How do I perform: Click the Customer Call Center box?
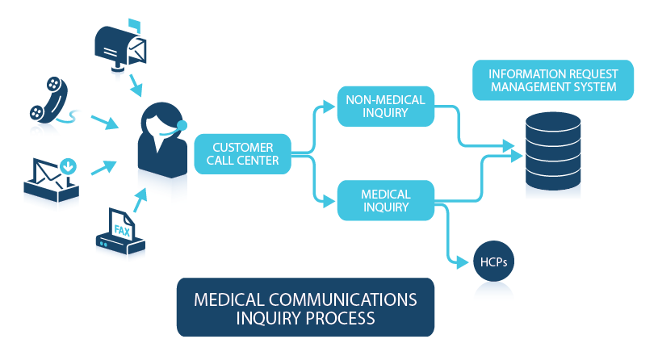tap(242, 154)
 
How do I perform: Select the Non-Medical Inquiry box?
tap(386, 107)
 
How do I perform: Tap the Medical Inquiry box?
tap(386, 200)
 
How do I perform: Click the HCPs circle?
tap(493, 262)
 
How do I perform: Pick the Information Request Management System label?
tap(553, 80)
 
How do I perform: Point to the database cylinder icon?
tap(553, 151)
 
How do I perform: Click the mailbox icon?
tap(121, 45)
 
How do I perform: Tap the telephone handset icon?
tap(49, 100)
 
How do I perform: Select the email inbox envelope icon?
tap(51, 179)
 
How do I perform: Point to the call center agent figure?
tap(163, 140)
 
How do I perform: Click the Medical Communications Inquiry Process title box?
tap(305, 308)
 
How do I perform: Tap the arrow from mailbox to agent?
tap(136, 86)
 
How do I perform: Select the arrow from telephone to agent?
tap(105, 122)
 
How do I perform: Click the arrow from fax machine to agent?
tap(140, 200)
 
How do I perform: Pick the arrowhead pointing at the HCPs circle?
tap(463, 262)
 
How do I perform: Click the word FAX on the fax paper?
tap(122, 230)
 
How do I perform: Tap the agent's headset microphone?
tap(182, 125)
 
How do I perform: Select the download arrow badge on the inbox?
tap(68, 166)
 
